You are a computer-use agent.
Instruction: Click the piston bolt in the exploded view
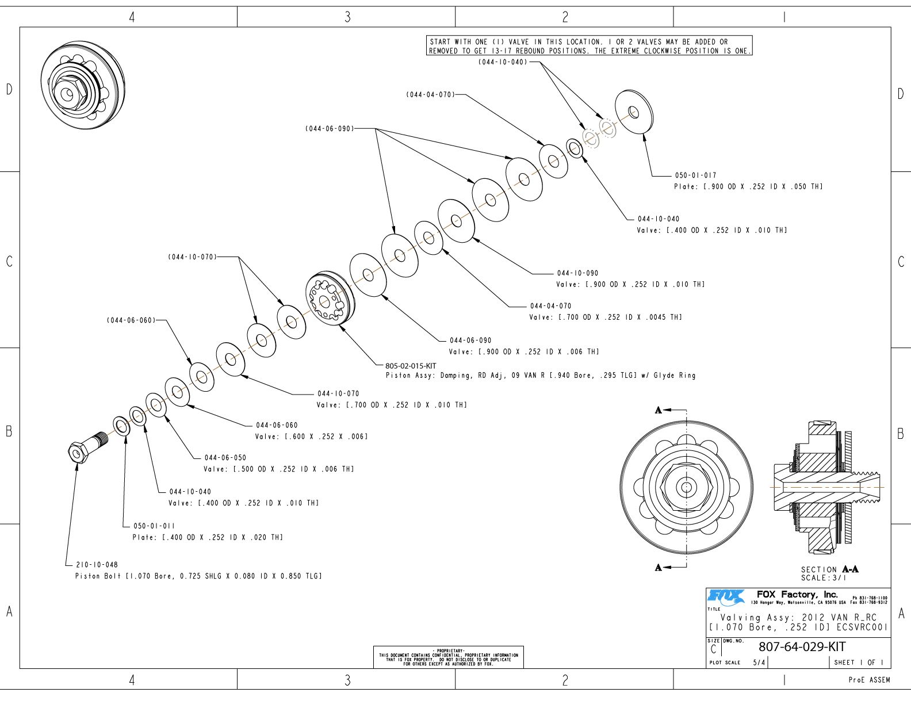point(86,447)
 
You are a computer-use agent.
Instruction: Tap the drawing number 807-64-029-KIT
point(802,646)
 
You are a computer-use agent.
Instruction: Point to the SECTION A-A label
point(829,569)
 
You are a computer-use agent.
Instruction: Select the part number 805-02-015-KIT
point(411,366)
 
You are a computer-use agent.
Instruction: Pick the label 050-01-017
point(695,175)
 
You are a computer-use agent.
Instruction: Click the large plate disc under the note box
point(634,112)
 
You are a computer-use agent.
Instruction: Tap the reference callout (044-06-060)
point(131,320)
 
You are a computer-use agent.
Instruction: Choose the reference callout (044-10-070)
point(193,257)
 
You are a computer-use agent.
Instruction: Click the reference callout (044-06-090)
point(329,129)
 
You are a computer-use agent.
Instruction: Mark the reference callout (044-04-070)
point(430,94)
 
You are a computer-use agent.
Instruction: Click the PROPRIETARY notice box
point(448,656)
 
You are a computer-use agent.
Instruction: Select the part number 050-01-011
point(154,526)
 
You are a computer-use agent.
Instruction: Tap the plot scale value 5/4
point(759,663)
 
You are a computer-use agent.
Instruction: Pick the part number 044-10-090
point(577,273)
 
